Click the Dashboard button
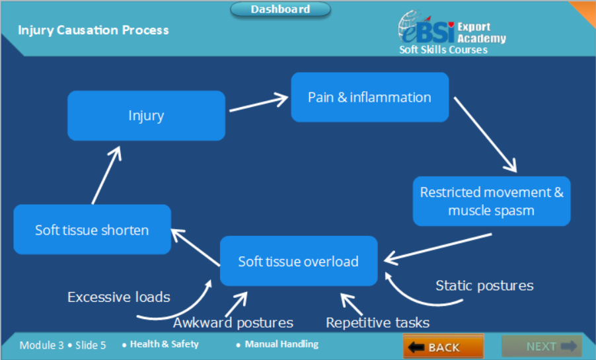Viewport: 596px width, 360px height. point(281,9)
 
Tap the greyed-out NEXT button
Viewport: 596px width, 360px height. point(542,346)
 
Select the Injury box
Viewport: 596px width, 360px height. point(146,116)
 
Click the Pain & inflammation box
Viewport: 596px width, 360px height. point(370,97)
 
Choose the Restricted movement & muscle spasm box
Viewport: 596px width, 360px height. point(492,201)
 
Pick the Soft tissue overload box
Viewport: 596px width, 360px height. point(299,261)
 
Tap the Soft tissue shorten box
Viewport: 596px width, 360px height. point(92,229)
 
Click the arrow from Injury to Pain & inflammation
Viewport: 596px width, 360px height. point(259,104)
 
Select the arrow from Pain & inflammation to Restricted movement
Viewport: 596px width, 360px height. point(486,135)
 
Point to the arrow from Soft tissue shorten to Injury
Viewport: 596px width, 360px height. point(106,175)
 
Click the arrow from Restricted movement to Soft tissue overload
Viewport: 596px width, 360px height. point(438,249)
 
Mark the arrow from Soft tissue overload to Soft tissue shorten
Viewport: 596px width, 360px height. point(196,247)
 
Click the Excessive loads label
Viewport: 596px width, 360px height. point(118,297)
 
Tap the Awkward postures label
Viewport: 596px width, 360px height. point(233,323)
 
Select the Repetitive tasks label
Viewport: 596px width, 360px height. point(378,323)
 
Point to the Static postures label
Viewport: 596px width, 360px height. point(484,285)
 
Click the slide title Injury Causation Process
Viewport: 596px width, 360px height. point(94,30)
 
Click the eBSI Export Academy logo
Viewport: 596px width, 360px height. point(452,32)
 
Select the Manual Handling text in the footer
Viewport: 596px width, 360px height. point(281,344)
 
